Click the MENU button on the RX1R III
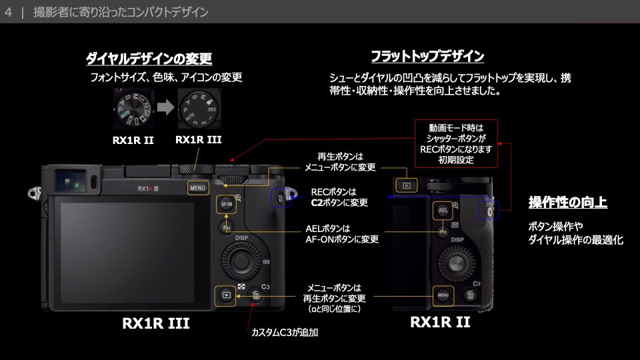198,188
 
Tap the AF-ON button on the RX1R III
226,205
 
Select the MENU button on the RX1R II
443,295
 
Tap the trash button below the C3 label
257,297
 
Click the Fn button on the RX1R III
226,229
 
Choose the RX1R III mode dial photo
198,109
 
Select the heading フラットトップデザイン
427,56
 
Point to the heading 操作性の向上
567,202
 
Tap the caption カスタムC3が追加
288,331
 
